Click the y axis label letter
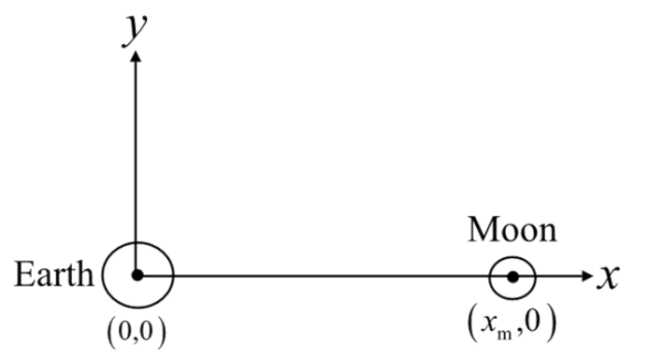135,30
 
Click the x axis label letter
608,276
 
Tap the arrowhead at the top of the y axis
136,56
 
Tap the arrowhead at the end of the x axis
587,276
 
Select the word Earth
54,274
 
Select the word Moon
512,229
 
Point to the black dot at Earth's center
137,275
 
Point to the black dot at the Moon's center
512,277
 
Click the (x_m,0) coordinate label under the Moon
512,324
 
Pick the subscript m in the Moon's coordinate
504,333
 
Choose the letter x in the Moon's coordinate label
488,324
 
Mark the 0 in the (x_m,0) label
534,322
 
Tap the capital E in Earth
23,274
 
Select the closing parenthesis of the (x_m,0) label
551,324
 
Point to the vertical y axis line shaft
136,166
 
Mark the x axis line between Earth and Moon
324,276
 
